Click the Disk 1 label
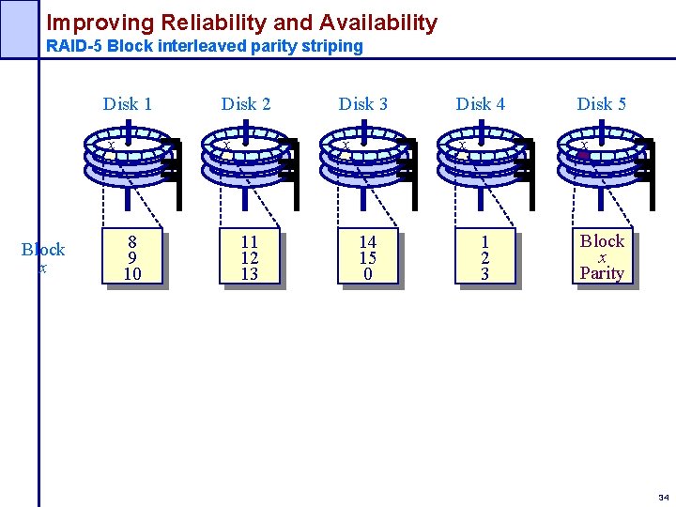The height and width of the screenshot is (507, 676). pos(128,104)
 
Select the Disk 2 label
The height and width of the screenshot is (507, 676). pos(246,104)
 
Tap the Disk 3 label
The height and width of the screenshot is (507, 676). pos(363,104)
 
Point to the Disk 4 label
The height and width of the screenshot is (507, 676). pos(481,104)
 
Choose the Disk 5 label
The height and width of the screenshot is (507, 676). pos(601,104)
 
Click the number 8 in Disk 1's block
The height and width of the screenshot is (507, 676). pos(132,242)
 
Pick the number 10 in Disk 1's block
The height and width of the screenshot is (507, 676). pos(132,274)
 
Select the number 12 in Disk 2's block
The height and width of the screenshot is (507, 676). pos(250,258)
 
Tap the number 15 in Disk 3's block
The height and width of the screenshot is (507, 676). pos(367,258)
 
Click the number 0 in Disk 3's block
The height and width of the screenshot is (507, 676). pos(367,274)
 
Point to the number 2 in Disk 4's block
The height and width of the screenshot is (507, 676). pos(484,258)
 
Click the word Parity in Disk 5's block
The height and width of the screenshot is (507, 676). pos(602,273)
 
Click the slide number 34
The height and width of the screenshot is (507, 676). pos(664,497)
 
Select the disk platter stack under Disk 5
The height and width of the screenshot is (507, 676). pos(602,159)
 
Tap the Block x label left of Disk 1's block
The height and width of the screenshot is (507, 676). pos(43,257)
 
